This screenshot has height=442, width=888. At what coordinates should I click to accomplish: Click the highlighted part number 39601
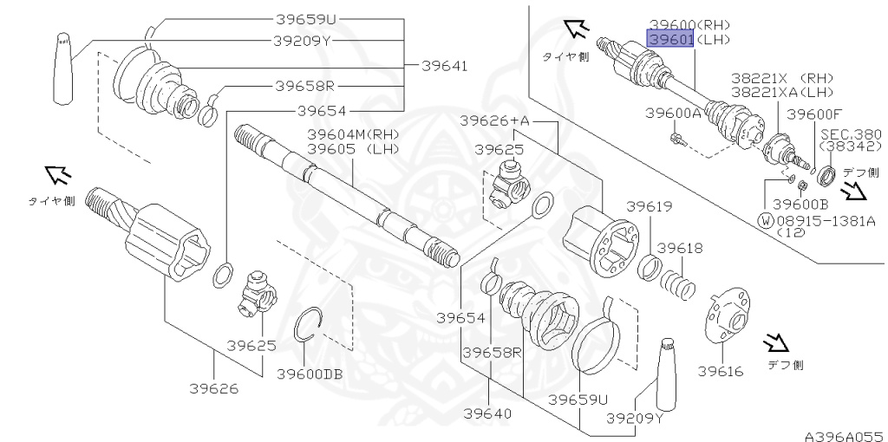[670, 40]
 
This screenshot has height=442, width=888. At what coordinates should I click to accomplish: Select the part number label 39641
[445, 66]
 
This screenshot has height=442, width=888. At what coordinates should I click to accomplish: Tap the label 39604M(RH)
[354, 134]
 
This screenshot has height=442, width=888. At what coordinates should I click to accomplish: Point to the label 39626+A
[494, 120]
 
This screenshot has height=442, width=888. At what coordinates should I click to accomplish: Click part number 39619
[649, 206]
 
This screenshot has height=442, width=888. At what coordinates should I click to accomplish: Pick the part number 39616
[721, 371]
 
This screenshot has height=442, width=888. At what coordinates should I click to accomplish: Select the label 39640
[487, 413]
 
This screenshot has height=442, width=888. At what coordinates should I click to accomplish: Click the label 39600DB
[310, 374]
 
